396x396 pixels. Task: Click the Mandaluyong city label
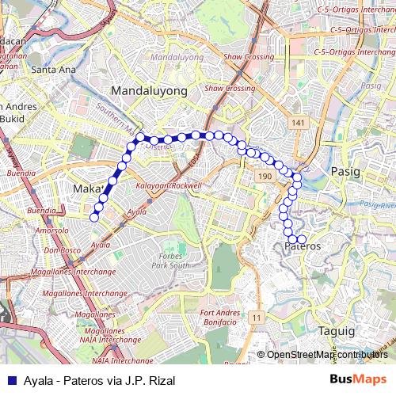click(149, 91)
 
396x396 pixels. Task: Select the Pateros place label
click(303, 246)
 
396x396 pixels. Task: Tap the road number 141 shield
click(298, 124)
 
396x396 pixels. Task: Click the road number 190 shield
click(265, 175)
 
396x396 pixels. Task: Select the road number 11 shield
click(255, 317)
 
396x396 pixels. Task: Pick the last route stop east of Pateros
click(302, 239)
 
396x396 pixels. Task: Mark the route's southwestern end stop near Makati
click(94, 217)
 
